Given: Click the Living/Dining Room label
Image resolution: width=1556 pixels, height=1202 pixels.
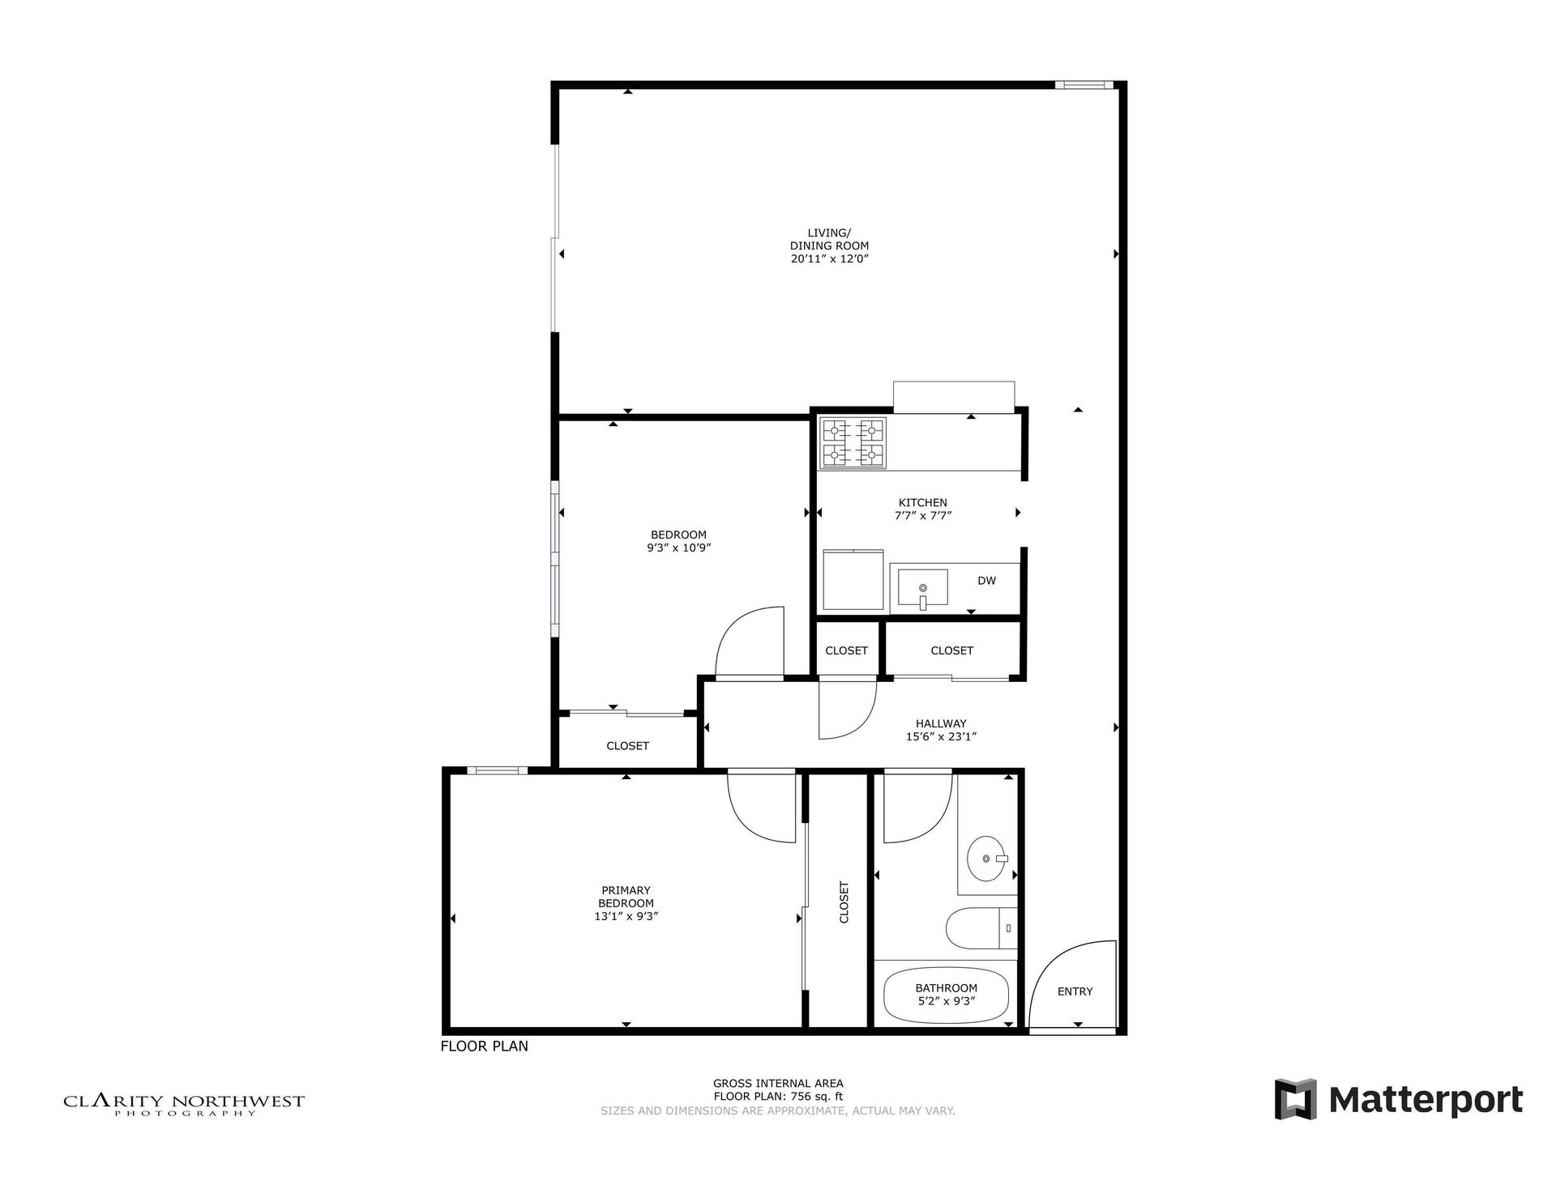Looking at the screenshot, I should click(829, 245).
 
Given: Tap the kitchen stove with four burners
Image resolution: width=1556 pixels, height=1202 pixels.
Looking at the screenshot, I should click(853, 443).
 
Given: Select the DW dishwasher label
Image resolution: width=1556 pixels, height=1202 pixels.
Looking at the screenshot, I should click(986, 581).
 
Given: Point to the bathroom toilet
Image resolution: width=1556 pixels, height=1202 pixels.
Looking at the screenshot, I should click(981, 928).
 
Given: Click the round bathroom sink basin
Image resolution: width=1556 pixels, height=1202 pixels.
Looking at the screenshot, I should click(985, 859).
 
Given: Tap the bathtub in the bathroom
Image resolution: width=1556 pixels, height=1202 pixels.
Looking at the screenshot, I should click(946, 994).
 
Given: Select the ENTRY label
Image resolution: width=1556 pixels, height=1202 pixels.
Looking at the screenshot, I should click(1075, 991).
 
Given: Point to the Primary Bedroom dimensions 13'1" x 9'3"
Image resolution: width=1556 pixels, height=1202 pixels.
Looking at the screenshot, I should click(626, 917).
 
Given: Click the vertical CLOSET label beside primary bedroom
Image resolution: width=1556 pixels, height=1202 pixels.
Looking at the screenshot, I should click(844, 903).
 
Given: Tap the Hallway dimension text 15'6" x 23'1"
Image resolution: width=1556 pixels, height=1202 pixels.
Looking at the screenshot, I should click(941, 737).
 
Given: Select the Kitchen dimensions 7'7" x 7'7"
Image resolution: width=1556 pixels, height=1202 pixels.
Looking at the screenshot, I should click(922, 515).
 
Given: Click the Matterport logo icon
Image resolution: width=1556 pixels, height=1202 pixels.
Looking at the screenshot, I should click(1294, 1099).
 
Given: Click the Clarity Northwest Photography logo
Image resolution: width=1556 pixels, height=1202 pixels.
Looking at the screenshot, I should click(184, 1104).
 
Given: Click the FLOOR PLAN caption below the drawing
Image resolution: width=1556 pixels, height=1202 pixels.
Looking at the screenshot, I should click(484, 1046).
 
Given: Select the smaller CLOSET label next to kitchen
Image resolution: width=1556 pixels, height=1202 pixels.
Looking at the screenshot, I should click(846, 650).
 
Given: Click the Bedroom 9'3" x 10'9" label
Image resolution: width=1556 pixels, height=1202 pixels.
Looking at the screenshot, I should click(678, 541).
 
